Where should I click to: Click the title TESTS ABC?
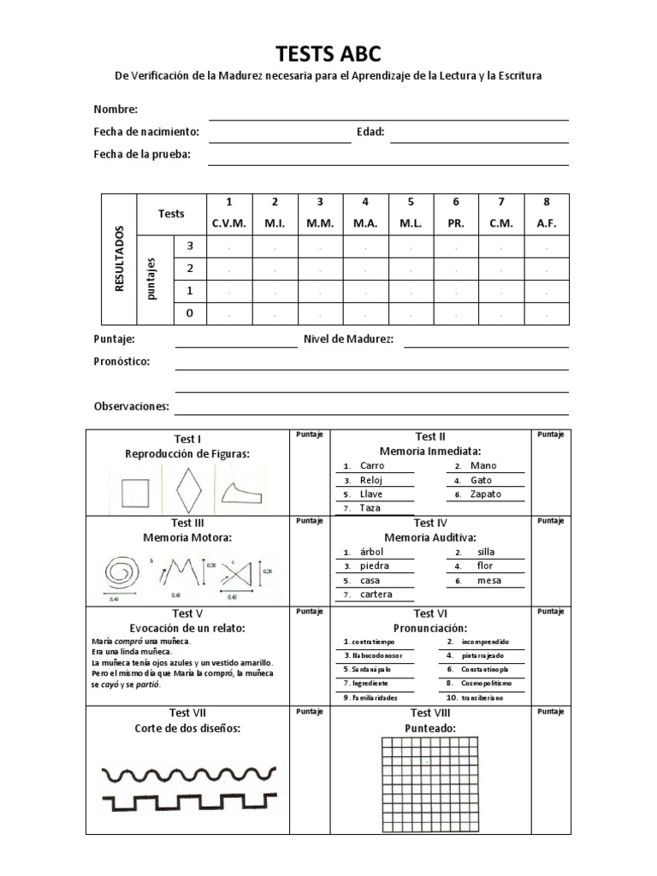(328, 54)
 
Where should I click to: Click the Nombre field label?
(115, 109)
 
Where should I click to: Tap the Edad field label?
(370, 132)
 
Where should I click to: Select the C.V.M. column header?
(228, 223)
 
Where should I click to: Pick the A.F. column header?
(546, 223)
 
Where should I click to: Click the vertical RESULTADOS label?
(120, 259)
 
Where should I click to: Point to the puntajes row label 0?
(190, 313)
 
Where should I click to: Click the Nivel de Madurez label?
(348, 340)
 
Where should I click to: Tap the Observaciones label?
(131, 406)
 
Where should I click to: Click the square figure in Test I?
(134, 493)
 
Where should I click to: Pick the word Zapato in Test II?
(486, 494)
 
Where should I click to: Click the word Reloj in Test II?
(371, 480)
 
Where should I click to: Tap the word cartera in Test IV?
(376, 595)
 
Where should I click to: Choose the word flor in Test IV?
(485, 565)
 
